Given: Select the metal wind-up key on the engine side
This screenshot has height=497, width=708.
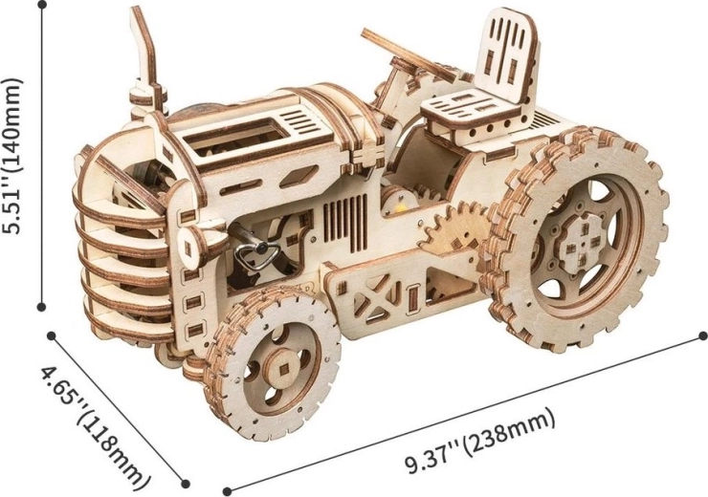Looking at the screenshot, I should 254,253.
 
